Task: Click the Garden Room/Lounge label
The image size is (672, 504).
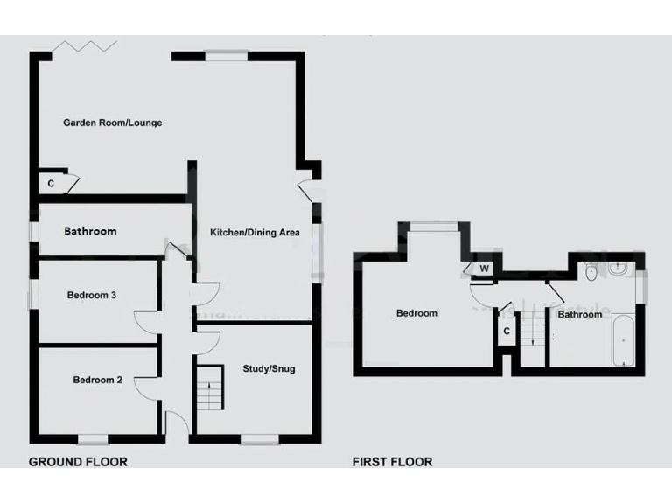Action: click(112, 122)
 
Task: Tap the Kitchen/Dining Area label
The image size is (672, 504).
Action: click(255, 233)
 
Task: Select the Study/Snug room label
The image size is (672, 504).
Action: click(269, 369)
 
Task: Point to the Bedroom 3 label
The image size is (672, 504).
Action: click(92, 296)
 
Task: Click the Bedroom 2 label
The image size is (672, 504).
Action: click(97, 380)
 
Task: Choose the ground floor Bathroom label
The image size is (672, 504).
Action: click(90, 232)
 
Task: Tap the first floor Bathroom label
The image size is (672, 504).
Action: click(580, 314)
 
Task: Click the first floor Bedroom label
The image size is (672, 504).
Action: click(416, 313)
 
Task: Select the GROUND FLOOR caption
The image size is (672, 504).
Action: click(78, 462)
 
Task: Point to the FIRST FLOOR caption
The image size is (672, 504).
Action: click(392, 462)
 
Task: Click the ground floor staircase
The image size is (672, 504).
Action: click(209, 388)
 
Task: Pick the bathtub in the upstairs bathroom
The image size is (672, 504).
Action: click(623, 340)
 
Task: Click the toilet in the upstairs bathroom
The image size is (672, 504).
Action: click(591, 271)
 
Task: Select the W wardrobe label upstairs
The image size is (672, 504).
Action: click(484, 269)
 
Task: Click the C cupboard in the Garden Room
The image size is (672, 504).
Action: click(51, 184)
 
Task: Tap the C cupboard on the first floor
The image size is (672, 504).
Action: click(506, 332)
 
